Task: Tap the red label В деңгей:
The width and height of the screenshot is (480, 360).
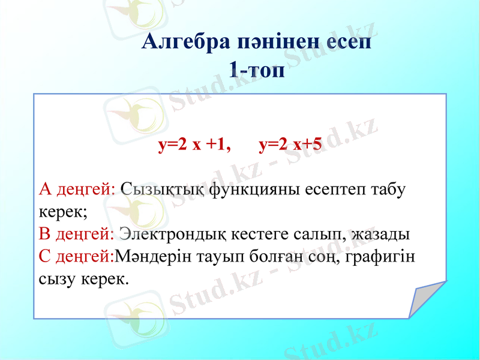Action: [x=77, y=233]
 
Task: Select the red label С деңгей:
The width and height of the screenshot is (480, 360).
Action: [x=76, y=256]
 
